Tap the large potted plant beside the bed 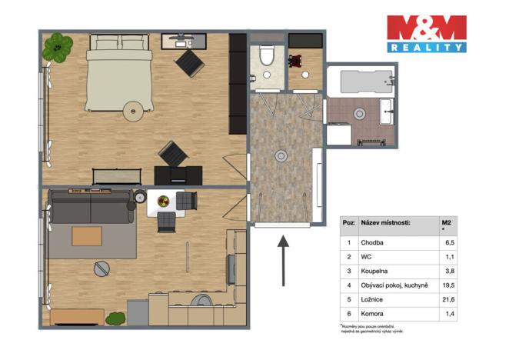58,48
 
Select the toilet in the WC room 267,55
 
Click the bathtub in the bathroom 360,80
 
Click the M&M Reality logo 426,34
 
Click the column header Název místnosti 386,223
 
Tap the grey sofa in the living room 91,206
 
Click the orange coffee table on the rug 87,236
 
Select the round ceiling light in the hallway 282,156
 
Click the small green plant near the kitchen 115,317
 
